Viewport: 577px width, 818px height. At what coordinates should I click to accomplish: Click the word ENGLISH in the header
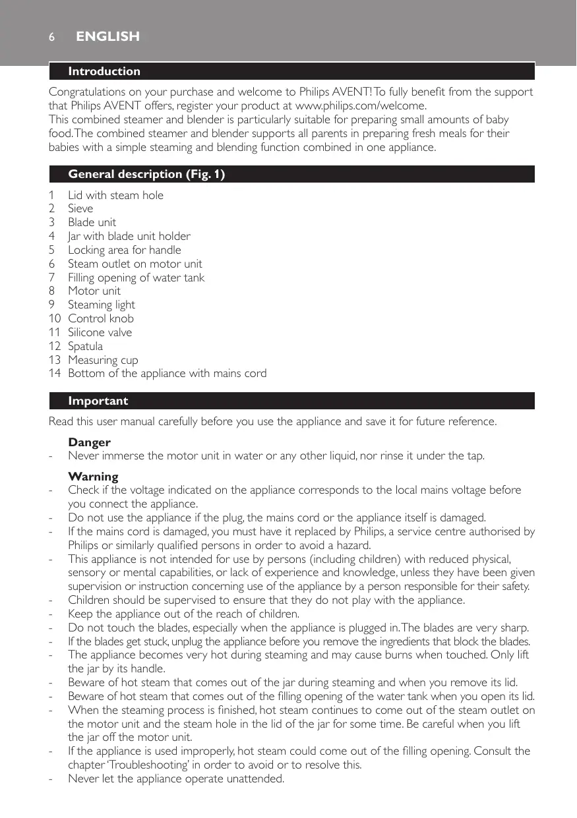(107, 37)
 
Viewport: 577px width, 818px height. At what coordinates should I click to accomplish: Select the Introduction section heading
(104, 71)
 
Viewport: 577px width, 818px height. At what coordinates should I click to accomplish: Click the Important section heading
(98, 401)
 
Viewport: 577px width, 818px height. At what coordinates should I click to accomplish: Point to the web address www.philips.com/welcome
(361, 105)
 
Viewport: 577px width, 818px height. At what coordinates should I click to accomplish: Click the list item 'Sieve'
(80, 209)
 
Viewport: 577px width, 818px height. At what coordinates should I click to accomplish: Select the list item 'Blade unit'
(92, 222)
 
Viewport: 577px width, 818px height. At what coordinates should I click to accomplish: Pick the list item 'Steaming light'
(101, 305)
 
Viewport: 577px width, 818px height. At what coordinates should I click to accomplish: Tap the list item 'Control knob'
(101, 318)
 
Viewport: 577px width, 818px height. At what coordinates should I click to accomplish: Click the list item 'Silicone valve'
(100, 332)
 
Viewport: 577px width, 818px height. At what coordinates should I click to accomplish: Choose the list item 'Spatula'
(85, 346)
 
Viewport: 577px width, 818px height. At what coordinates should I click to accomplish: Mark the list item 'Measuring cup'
(103, 360)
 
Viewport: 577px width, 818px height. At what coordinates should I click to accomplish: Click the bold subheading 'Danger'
(89, 442)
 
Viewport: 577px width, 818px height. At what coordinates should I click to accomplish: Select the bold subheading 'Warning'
(93, 477)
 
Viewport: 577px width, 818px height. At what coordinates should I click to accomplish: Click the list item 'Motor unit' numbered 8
(94, 291)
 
